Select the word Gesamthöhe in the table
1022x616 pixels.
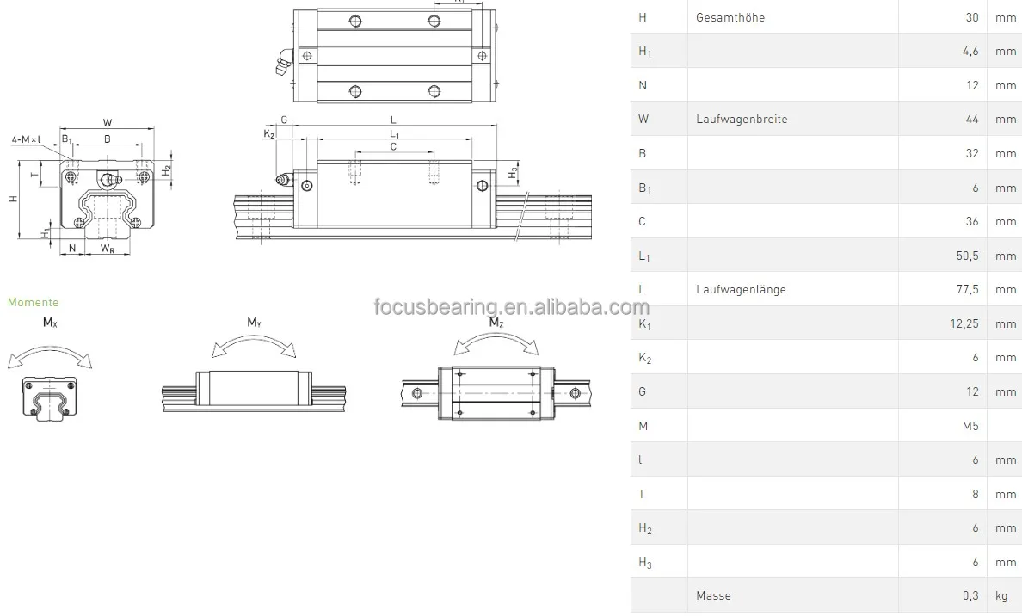730,17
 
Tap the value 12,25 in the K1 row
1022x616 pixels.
963,323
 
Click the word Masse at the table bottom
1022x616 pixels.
713,595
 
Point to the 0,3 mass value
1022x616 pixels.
970,595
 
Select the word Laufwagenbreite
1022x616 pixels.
741,120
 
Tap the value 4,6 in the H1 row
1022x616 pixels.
970,52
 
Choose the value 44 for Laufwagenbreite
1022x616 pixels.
972,120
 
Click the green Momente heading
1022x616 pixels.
34,302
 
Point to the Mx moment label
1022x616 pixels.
51,323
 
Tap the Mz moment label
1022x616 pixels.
496,323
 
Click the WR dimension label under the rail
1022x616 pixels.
108,249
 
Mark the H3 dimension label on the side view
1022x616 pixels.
513,173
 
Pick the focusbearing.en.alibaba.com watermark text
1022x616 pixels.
511,308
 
